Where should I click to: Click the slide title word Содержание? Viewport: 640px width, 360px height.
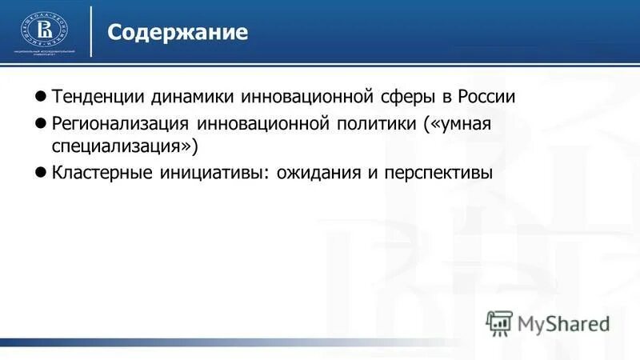click(x=178, y=33)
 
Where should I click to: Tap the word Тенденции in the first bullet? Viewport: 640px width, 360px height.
click(x=98, y=97)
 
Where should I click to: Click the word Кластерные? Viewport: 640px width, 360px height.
click(x=100, y=173)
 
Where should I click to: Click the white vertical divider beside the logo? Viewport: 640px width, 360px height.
click(x=91, y=31)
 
